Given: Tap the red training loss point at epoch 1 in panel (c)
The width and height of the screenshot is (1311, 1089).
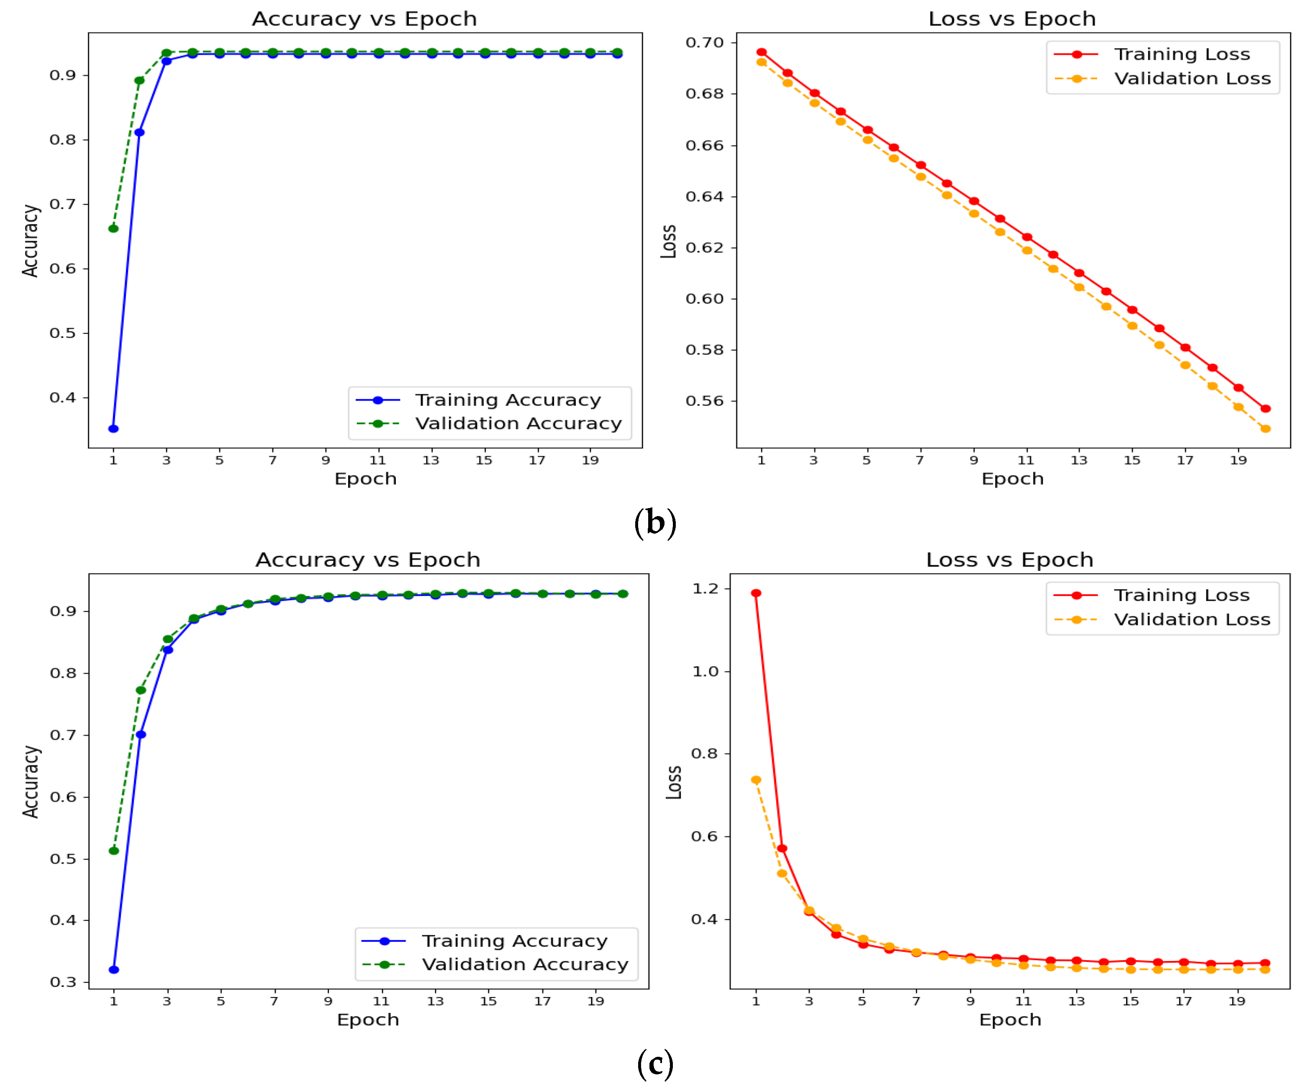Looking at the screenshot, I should pos(756,593).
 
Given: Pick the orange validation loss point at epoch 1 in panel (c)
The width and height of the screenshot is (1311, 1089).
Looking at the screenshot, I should pos(756,780).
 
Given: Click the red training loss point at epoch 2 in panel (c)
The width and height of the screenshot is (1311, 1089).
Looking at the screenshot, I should pos(782,848).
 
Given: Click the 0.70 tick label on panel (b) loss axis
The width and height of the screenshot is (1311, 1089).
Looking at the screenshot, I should pos(704,42).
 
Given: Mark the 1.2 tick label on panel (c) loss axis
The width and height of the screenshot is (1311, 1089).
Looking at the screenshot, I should pos(706,588).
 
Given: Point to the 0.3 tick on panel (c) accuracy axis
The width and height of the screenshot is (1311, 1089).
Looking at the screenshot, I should pos(63,982).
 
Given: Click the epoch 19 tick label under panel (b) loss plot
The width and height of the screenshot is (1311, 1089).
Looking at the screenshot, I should pos(1238,460).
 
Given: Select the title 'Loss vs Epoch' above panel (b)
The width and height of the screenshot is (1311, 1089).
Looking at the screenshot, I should pos(1011,19).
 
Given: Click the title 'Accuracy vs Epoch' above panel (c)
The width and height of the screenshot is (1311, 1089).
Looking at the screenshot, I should pos(368,560).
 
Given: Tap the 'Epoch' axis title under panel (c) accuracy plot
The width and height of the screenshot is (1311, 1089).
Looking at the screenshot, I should pos(368,1020).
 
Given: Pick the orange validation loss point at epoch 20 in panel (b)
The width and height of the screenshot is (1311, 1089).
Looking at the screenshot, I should pos(1265,429).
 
